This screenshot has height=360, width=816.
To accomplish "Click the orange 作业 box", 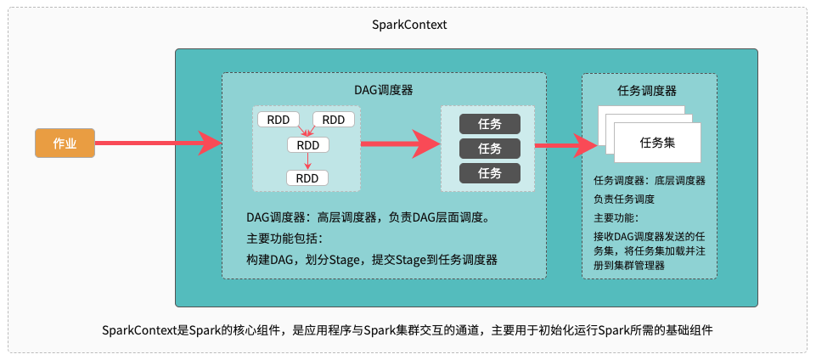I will [65, 143].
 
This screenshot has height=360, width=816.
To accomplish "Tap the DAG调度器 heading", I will [384, 89].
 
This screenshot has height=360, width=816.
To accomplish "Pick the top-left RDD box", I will [278, 120].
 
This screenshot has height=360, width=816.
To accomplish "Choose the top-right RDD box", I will [334, 120].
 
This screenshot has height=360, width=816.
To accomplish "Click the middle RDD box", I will [307, 145].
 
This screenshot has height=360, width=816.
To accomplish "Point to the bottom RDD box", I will [307, 178].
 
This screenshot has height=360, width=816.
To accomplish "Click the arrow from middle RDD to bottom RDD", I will [307, 161].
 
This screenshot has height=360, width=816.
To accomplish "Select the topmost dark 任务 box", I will [489, 124].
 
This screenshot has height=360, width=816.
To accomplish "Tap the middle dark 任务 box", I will [489, 149].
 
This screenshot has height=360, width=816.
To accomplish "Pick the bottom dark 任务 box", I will [489, 173].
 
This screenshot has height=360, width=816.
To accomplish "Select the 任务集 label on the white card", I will [657, 143].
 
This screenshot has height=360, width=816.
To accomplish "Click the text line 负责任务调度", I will [624, 200].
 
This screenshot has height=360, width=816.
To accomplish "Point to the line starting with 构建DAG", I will [372, 260].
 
